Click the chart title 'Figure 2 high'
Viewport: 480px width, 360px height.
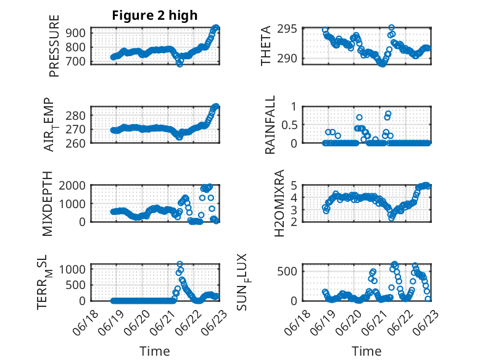tap(154, 15)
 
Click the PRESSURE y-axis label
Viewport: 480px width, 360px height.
tap(54, 46)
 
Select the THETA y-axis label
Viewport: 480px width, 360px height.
tap(266, 46)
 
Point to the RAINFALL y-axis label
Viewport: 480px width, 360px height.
tap(270, 125)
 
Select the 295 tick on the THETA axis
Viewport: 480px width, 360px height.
tap(291, 29)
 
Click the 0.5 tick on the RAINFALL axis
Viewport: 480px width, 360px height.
tap(289, 125)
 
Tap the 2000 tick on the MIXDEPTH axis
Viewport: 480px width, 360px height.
tap(75, 185)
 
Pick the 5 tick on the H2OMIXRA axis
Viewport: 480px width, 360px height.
tap(295, 185)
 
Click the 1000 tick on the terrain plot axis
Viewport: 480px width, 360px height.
tap(75, 269)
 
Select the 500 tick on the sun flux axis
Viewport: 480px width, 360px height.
tap(288, 271)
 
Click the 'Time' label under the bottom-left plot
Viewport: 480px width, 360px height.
tap(154, 351)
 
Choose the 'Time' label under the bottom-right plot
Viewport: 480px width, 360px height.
tap(366, 351)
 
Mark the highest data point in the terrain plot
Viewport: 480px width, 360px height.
tap(180, 264)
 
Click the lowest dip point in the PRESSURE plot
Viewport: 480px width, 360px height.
tap(180, 63)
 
